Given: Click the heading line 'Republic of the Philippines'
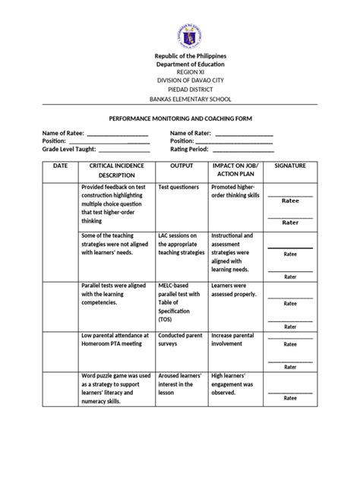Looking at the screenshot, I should click(x=180, y=57).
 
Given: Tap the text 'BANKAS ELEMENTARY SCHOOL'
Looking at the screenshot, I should click(x=180, y=99).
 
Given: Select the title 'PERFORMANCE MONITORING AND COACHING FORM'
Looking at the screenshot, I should click(x=180, y=119).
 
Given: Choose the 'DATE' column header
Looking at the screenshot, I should click(x=61, y=165).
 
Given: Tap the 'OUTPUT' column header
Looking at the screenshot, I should click(x=182, y=165).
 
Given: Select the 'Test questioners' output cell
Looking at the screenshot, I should click(x=178, y=186).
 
